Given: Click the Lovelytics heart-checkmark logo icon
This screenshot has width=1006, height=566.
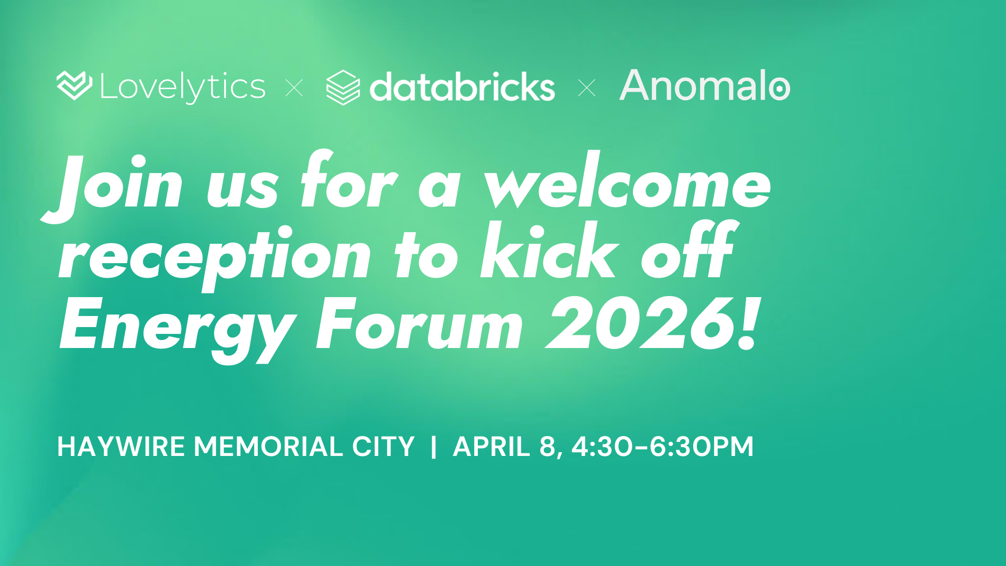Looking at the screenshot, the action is coord(74,85).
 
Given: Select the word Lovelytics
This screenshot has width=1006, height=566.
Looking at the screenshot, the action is coord(183,87).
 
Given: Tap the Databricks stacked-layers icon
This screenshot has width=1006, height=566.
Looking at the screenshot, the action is coord(343,88).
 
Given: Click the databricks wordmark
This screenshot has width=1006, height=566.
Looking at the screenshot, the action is coord(462,86).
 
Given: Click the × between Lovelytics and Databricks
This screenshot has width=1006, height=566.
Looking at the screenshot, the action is coord(294,88).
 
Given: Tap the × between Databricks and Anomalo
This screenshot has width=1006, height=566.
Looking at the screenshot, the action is coord(587,88).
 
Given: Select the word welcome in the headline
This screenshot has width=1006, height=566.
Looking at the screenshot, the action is coord(628,181).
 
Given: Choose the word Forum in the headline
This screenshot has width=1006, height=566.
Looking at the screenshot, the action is coord(420,323).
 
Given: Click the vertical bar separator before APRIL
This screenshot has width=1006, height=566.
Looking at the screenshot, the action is coord(433,447).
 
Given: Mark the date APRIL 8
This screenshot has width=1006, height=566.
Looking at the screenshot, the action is coord(508,447).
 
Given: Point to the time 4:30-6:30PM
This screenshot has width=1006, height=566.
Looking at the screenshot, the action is coord(662,447).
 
